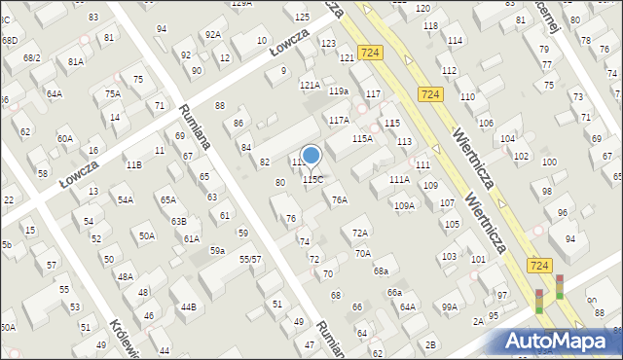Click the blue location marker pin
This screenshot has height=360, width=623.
311,156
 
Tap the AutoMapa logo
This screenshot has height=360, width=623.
560,341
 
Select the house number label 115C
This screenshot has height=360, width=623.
312,180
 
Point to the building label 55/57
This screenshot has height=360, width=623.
250,260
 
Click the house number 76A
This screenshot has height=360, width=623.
339,200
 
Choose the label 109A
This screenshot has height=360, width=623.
404,205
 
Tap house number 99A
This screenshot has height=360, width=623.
449,307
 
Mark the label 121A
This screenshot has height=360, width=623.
310,86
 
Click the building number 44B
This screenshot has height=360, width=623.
187,307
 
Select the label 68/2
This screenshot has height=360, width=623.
32,58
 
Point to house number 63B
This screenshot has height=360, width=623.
178,222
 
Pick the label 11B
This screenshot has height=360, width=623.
133,165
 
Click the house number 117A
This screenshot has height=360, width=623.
338,121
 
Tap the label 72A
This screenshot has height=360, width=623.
360,234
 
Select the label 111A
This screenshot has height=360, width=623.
399,180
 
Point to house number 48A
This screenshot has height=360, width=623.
126,277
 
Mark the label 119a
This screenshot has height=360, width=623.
338,91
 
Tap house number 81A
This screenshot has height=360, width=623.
75,61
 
